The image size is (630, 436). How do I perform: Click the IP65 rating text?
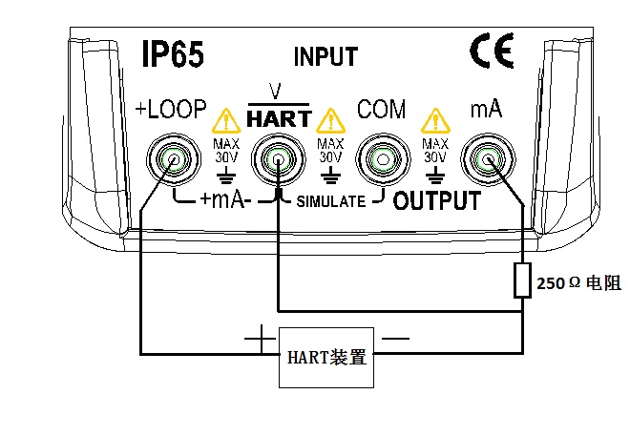pos(172,53)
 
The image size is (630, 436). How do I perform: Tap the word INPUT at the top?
pos(325,56)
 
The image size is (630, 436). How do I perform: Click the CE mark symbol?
pos(492,49)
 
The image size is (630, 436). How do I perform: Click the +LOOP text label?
pos(172,110)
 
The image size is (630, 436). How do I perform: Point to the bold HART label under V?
pos(279,119)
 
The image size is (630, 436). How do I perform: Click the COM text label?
pos(381,110)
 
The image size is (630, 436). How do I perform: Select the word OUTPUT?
pos(436,201)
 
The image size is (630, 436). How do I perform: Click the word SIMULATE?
pos(330,202)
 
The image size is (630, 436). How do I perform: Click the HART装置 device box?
pos(326,358)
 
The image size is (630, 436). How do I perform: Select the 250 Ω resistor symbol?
pos(522,281)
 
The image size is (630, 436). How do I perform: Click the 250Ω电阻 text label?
pos(578,282)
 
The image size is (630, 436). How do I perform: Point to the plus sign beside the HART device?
pos(258,337)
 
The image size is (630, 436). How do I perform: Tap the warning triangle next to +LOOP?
pos(226,120)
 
